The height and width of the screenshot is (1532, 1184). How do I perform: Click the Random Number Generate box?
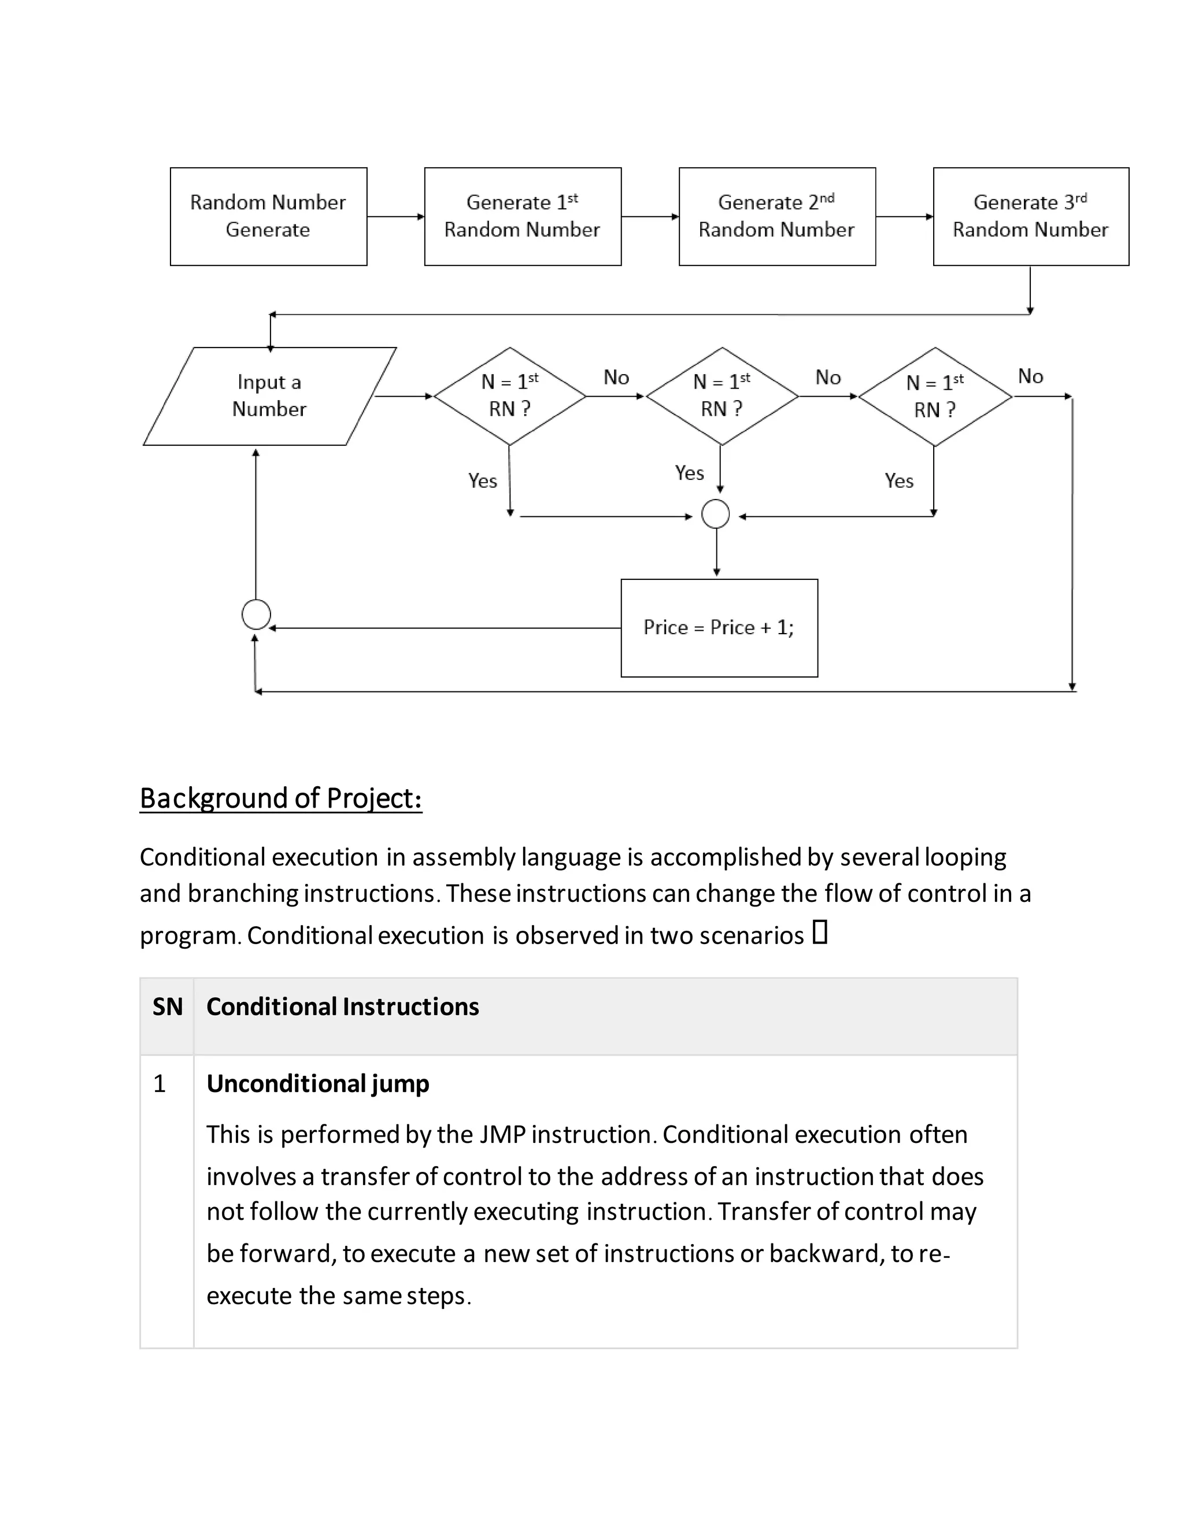click(268, 216)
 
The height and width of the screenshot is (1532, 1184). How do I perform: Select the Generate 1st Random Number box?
click(523, 216)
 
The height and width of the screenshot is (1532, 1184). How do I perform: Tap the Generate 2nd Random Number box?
click(776, 216)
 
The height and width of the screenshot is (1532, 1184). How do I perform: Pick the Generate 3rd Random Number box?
click(1030, 216)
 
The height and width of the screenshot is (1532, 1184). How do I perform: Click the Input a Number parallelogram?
click(269, 395)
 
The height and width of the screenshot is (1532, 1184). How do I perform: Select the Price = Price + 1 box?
click(719, 628)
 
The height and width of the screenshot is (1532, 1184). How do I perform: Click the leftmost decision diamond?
click(510, 395)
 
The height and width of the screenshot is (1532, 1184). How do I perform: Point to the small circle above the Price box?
click(716, 514)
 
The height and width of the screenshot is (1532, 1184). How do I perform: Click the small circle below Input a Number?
click(256, 615)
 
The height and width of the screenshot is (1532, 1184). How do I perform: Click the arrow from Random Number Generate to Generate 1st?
click(395, 217)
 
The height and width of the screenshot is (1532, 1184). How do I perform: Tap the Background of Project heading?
click(280, 798)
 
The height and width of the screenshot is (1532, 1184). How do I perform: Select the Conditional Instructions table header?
click(342, 1006)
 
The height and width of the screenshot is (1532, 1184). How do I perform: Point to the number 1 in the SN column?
click(159, 1084)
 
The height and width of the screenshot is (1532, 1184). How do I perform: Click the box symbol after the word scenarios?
click(820, 932)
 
